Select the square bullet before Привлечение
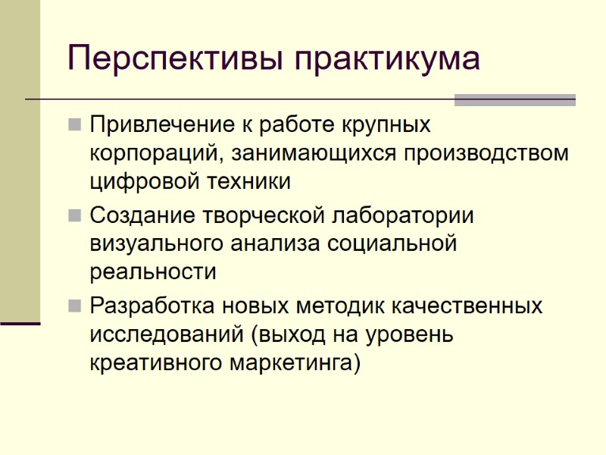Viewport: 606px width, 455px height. pyautogui.click(x=74, y=124)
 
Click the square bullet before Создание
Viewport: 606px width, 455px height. pyautogui.click(x=74, y=215)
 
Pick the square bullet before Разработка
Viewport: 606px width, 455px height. pyautogui.click(x=74, y=306)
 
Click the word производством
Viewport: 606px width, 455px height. pyautogui.click(x=485, y=154)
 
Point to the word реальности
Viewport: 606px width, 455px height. pyautogui.click(x=153, y=272)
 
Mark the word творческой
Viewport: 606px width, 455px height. pyautogui.click(x=264, y=215)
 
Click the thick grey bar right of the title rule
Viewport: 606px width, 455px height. pyautogui.click(x=514, y=100)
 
